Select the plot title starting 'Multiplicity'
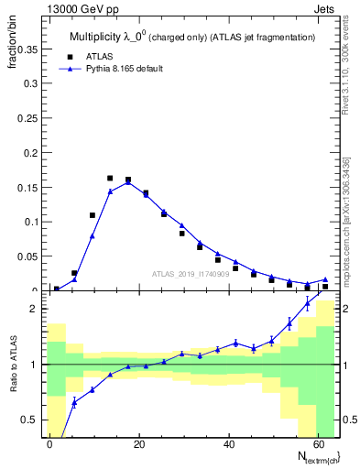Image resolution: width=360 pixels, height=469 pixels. tap(192, 37)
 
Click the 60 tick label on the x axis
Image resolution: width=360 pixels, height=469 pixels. tap(318, 442)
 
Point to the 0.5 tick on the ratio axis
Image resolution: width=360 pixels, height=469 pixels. tap(30, 420)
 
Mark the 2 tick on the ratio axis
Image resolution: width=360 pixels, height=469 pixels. tap(35, 309)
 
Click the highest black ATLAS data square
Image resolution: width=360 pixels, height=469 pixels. tap(110, 178)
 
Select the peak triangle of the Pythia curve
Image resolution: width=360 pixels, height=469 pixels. tap(127, 182)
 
